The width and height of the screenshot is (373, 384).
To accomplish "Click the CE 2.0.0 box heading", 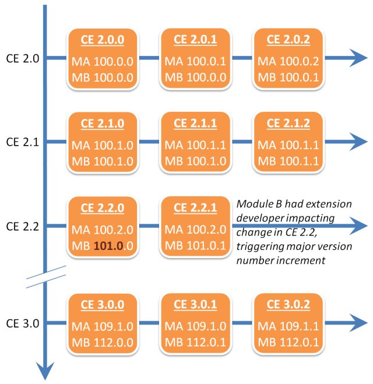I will pyautogui.click(x=103, y=40).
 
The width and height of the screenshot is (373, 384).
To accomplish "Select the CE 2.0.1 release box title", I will pyautogui.click(x=196, y=40).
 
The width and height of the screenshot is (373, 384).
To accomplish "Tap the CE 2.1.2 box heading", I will pyautogui.click(x=289, y=124).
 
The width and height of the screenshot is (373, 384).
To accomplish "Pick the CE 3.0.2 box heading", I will pyautogui.click(x=289, y=304).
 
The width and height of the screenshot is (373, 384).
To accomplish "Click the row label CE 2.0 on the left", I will pyautogui.click(x=22, y=58).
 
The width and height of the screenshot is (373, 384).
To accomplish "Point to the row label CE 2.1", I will pyautogui.click(x=22, y=142).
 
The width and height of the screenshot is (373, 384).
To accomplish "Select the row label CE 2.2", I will pyautogui.click(x=22, y=226).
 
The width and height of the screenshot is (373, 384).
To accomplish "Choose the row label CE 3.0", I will pyautogui.click(x=22, y=323).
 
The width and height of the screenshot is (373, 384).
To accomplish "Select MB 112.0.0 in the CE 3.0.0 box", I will pyautogui.click(x=103, y=342).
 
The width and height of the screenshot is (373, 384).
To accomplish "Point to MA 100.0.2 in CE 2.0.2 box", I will pyautogui.click(x=289, y=61).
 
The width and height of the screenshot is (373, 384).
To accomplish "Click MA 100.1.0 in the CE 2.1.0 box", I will pyautogui.click(x=103, y=145).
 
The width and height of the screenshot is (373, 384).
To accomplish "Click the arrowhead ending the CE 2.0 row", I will pyautogui.click(x=358, y=58).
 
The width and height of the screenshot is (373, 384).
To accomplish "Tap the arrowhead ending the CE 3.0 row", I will pyautogui.click(x=358, y=322).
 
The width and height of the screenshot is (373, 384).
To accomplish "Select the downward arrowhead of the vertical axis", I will pyautogui.click(x=45, y=371).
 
